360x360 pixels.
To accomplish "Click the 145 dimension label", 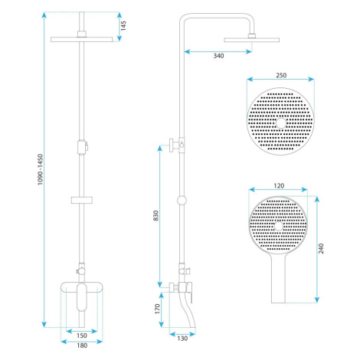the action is point(123,26).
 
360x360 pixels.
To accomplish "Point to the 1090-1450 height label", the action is point(41,169).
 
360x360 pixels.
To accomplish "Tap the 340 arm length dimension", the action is point(218,56).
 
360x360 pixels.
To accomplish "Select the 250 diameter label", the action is point(281,75).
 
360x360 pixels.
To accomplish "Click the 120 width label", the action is point(279,186).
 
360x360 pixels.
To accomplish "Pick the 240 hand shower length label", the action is point(321,248).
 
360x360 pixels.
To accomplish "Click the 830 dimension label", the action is point(156,215).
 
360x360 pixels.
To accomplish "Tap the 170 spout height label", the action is point(157,309).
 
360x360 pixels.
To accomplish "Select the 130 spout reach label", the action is point(182,339).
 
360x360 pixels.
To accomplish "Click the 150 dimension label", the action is point(82,335).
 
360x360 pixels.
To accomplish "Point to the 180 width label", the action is point(82,345).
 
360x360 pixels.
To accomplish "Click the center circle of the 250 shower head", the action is point(281,123).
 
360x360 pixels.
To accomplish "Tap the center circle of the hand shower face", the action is point(278,226).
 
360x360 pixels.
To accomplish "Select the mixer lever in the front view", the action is point(82,297).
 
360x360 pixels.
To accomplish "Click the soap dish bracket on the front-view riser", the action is point(82,200).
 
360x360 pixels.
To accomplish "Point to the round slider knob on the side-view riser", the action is point(182,200).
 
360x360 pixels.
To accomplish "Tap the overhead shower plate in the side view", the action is point(252,40).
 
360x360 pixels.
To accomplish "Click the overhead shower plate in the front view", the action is point(82,39).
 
